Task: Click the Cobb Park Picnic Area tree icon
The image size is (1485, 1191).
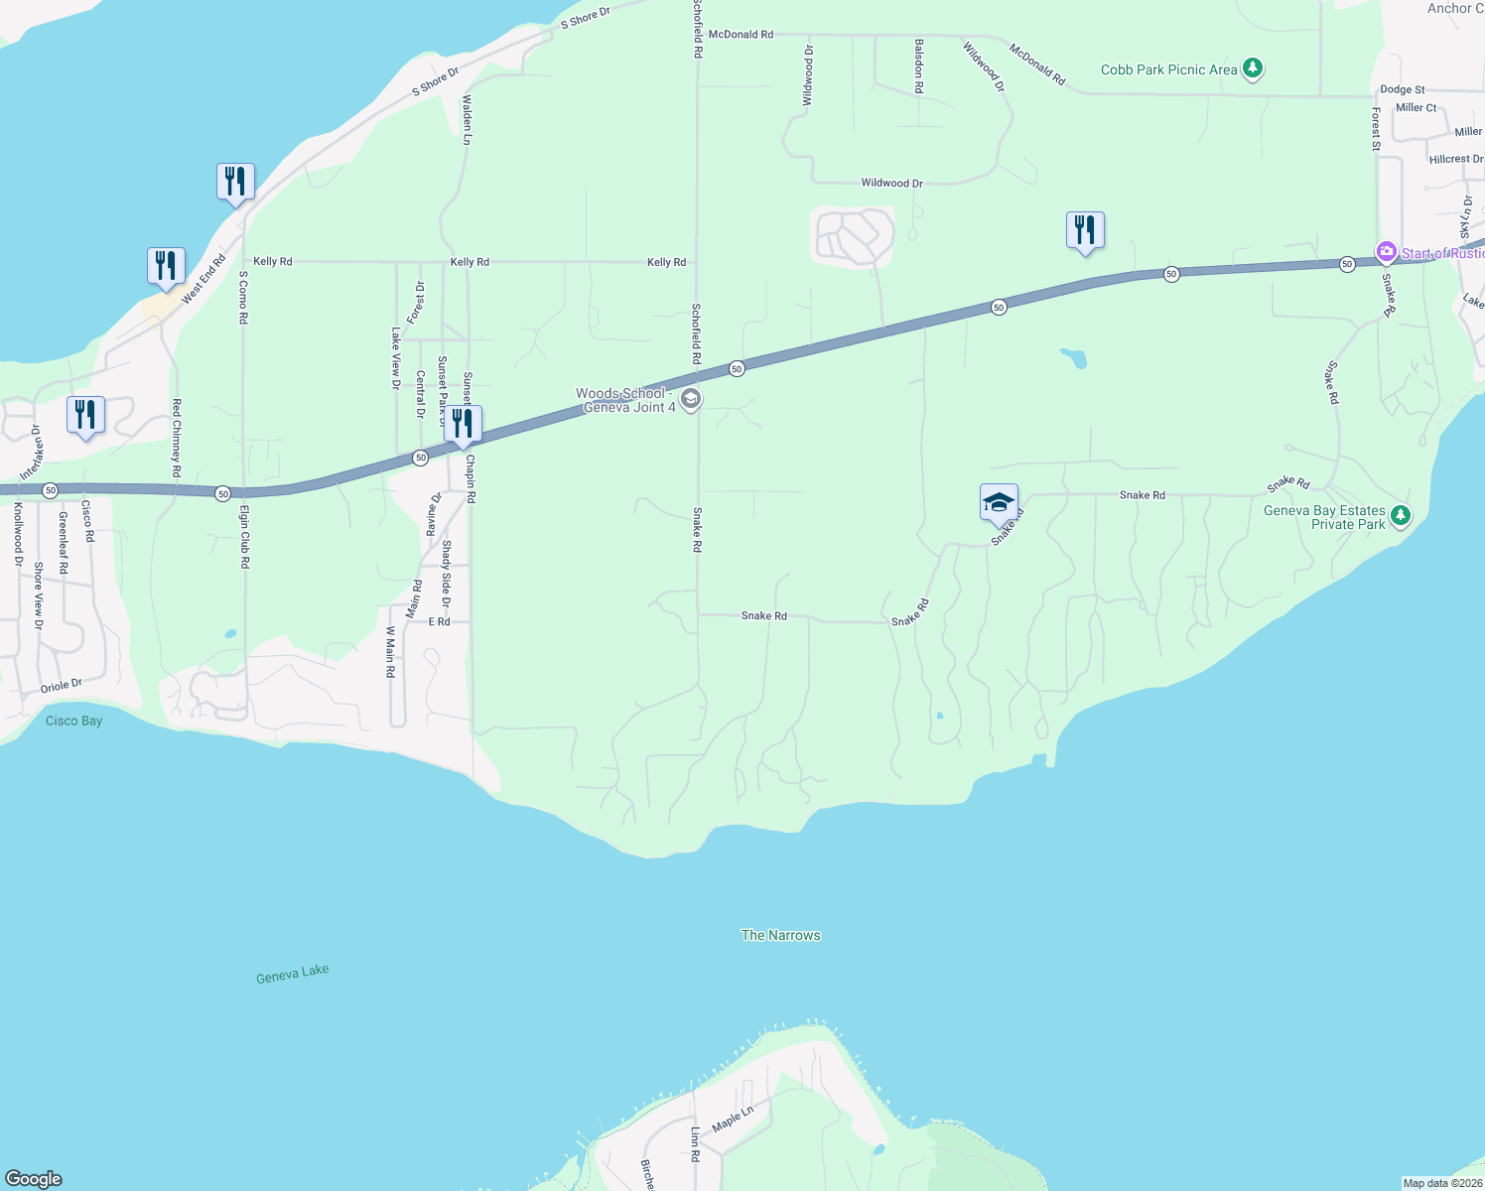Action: [x=1253, y=68]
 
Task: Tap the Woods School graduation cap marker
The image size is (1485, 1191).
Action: [x=691, y=400]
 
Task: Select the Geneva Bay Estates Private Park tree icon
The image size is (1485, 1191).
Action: [x=1400, y=515]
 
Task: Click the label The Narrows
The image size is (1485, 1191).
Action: [x=781, y=935]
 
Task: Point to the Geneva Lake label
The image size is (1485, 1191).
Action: [x=292, y=974]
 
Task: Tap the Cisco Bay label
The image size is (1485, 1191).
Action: [x=73, y=721]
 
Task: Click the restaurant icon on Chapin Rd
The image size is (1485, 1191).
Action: [x=463, y=424]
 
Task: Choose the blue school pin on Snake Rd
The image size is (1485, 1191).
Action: [x=999, y=503]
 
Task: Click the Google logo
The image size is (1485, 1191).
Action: [x=34, y=1179]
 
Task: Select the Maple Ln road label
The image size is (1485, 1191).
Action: [x=733, y=1118]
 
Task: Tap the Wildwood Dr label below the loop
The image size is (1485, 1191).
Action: [x=891, y=183]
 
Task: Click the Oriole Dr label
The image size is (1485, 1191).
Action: [x=62, y=686]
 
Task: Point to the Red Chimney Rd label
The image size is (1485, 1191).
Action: [x=177, y=438]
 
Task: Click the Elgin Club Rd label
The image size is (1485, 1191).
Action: [x=244, y=536]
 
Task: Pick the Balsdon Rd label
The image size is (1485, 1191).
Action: [x=919, y=66]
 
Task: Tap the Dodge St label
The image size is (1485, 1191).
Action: [x=1402, y=89]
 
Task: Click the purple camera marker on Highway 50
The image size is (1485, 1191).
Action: [x=1386, y=253]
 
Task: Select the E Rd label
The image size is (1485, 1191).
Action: [x=439, y=621]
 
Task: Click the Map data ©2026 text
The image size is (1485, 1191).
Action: [x=1442, y=1183]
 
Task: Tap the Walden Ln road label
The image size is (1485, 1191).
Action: [x=467, y=120]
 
